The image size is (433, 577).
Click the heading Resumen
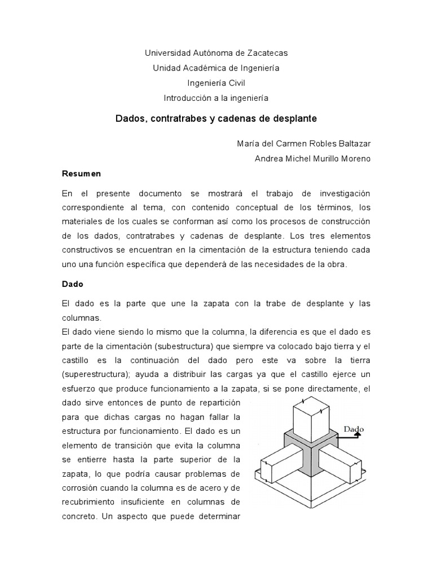click(81, 174)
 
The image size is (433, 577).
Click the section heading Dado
click(73, 284)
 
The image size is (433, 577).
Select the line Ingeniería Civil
click(216, 83)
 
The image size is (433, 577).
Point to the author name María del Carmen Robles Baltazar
click(304, 143)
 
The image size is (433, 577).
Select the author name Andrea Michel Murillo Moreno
click(312, 158)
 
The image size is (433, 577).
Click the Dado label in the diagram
click(354, 429)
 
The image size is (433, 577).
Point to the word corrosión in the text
click(83, 487)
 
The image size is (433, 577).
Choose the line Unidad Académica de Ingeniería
click(216, 68)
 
